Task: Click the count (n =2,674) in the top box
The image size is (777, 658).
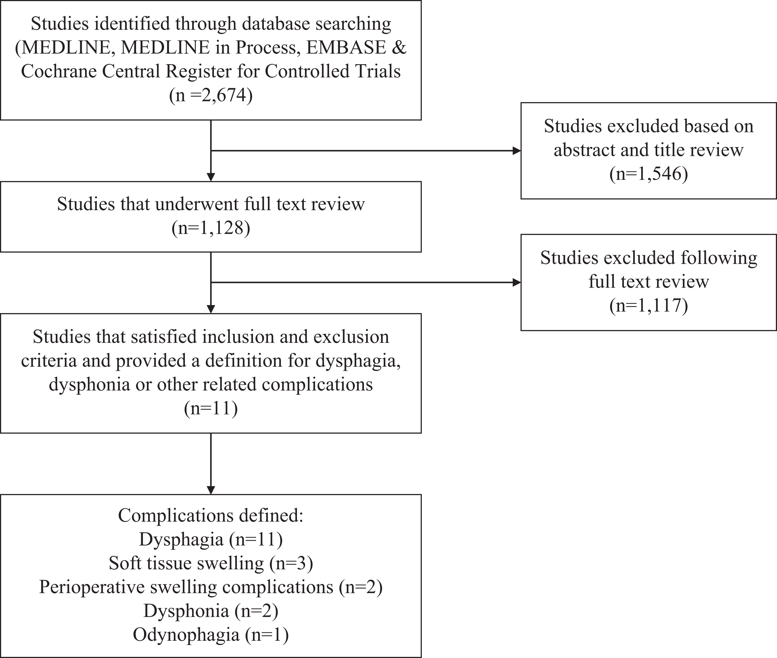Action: coord(211,95)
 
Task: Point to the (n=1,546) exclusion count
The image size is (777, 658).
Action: coord(649,174)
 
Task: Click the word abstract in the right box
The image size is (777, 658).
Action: coord(584,150)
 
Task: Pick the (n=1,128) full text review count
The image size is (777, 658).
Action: coord(211,228)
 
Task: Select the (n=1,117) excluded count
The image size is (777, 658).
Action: coord(649,306)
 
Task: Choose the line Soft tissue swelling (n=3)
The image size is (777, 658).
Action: coord(211,563)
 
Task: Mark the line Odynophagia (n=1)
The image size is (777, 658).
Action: coord(211,635)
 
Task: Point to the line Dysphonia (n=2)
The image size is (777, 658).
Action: coord(211,611)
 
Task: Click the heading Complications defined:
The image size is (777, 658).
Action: coord(211,516)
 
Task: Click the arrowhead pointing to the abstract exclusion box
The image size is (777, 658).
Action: coord(517,151)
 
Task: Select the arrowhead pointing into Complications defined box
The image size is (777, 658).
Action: coord(211,490)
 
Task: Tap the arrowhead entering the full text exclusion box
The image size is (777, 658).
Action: coord(517,282)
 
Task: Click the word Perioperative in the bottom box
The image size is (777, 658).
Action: coord(92,587)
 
